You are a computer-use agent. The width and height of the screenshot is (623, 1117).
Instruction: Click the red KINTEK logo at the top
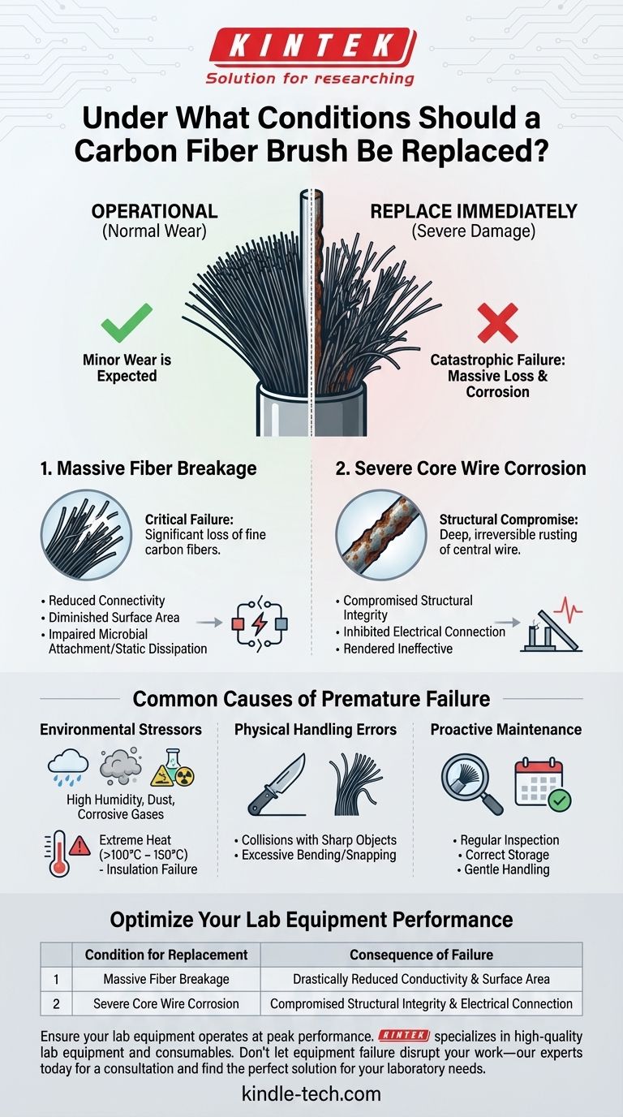point(311,44)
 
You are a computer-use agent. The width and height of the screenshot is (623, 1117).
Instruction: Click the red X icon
point(496,322)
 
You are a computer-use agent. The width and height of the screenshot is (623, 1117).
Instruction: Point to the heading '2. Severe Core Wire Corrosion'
point(460,468)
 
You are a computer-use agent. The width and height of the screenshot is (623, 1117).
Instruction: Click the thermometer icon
point(59,855)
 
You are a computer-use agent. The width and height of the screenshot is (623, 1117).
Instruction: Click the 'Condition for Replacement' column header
point(166,955)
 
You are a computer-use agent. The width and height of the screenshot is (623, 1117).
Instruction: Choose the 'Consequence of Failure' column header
point(421,955)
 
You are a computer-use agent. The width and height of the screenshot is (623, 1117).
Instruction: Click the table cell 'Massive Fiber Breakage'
point(166,979)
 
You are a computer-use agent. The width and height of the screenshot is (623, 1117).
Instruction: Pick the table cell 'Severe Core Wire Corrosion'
point(166,1003)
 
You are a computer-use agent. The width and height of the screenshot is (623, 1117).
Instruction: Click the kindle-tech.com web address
point(311,1093)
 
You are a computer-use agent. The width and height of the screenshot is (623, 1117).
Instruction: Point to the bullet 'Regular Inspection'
point(509,840)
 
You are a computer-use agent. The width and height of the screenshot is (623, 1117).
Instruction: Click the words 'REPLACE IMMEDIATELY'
point(474,212)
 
